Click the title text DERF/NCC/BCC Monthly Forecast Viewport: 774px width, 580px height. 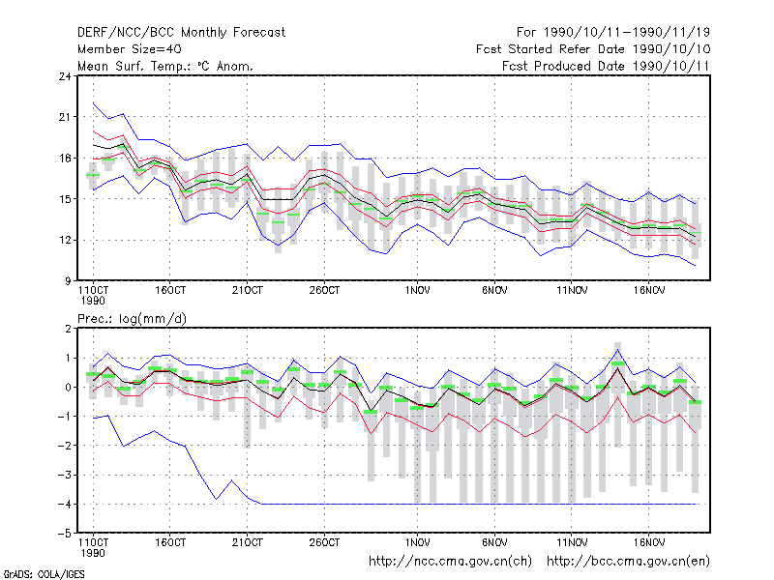pos(181,33)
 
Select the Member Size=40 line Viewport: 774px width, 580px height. pos(130,49)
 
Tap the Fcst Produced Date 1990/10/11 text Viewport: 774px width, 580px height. pos(606,66)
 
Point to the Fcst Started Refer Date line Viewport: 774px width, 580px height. pos(593,49)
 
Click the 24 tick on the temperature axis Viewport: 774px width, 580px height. pos(65,76)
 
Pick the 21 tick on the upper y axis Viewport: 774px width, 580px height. pos(65,117)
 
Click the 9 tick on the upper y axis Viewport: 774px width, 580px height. pos(68,281)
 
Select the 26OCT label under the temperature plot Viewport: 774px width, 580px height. pos(324,291)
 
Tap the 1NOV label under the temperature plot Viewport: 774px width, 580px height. pos(417,291)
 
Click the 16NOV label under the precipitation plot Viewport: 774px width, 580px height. pos(648,542)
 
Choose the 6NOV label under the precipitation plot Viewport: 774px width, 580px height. pos(494,542)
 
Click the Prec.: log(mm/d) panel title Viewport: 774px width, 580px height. pos(132,319)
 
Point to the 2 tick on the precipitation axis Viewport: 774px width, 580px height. pos(68,329)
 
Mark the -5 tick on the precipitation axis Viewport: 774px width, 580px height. pos(64,534)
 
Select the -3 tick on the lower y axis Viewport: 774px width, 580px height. pos(64,475)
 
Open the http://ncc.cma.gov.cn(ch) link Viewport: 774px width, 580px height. pos(450,562)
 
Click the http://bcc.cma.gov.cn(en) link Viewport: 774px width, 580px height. pos(628,562)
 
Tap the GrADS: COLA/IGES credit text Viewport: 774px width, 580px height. pos(44,574)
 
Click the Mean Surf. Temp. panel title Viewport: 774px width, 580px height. pos(165,66)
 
